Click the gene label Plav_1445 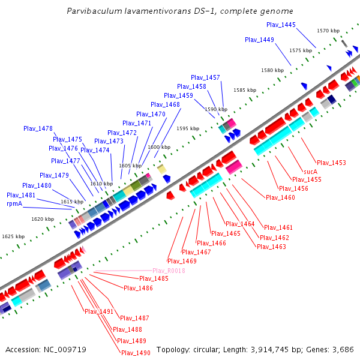point(281,25)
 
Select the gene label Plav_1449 point(259,40)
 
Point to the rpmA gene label point(14,204)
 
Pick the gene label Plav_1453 point(331,163)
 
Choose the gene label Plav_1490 point(136,353)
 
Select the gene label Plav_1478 point(38,128)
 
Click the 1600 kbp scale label point(158,147)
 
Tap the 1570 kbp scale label point(328,31)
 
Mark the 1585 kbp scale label point(245,90)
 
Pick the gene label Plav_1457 point(206,77)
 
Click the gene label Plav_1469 point(182,261)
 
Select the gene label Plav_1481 point(21,195)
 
